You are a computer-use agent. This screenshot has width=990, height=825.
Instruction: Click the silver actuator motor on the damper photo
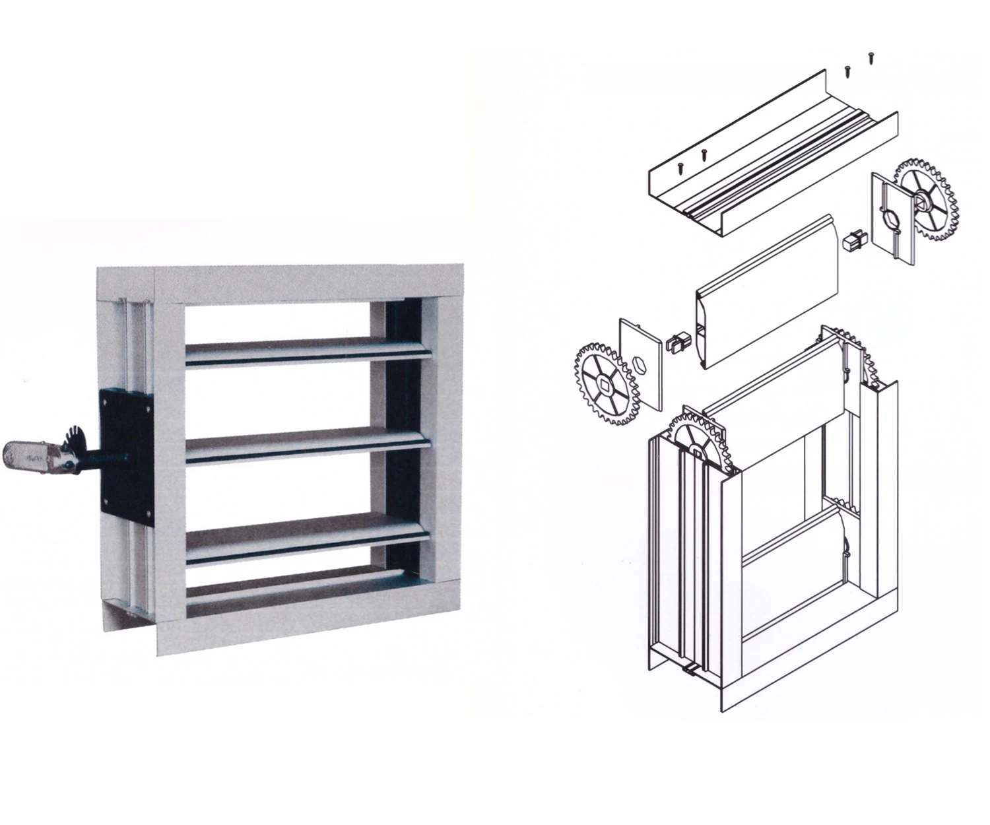[x=30, y=455]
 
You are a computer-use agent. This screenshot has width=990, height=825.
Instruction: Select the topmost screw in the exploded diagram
[x=871, y=57]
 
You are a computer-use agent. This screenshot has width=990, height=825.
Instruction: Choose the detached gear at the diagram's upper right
[x=925, y=198]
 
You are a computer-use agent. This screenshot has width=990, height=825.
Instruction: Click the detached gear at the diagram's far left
[x=607, y=383]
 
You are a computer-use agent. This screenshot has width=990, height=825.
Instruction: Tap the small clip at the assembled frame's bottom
[x=690, y=671]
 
